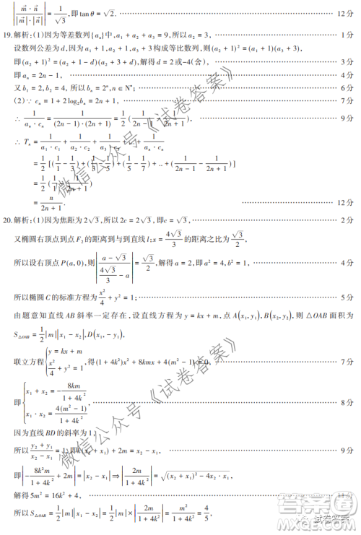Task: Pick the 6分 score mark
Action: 345,87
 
